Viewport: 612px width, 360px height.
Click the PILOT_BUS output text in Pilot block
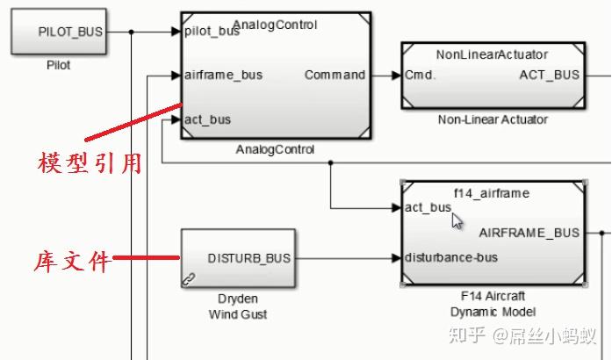point(70,32)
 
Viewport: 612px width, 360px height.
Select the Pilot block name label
point(58,65)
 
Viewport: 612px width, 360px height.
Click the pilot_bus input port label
point(212,32)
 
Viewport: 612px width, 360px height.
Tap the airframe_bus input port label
point(223,75)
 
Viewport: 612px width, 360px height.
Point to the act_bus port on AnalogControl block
point(208,119)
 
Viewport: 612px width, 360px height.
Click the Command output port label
point(335,75)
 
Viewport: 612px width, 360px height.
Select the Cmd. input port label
point(421,75)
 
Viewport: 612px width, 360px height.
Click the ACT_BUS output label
point(550,75)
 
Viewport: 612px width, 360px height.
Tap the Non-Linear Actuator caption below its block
point(492,119)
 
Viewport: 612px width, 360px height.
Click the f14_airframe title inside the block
point(491,191)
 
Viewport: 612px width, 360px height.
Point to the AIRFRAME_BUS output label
point(529,233)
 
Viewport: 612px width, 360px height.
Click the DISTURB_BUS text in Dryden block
point(249,258)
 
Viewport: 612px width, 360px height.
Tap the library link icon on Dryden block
point(189,278)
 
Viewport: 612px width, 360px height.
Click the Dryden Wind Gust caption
point(238,306)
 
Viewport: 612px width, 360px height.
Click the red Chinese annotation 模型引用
point(90,163)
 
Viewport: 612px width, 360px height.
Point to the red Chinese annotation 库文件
point(73,261)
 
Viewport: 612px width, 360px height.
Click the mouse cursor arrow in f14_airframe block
point(457,220)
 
